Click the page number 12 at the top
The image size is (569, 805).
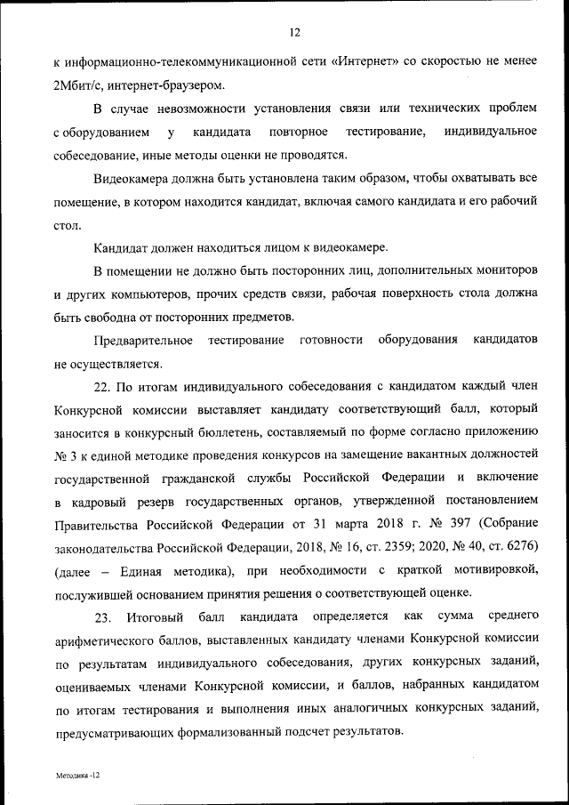coord(294,33)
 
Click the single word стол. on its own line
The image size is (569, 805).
coord(67,224)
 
